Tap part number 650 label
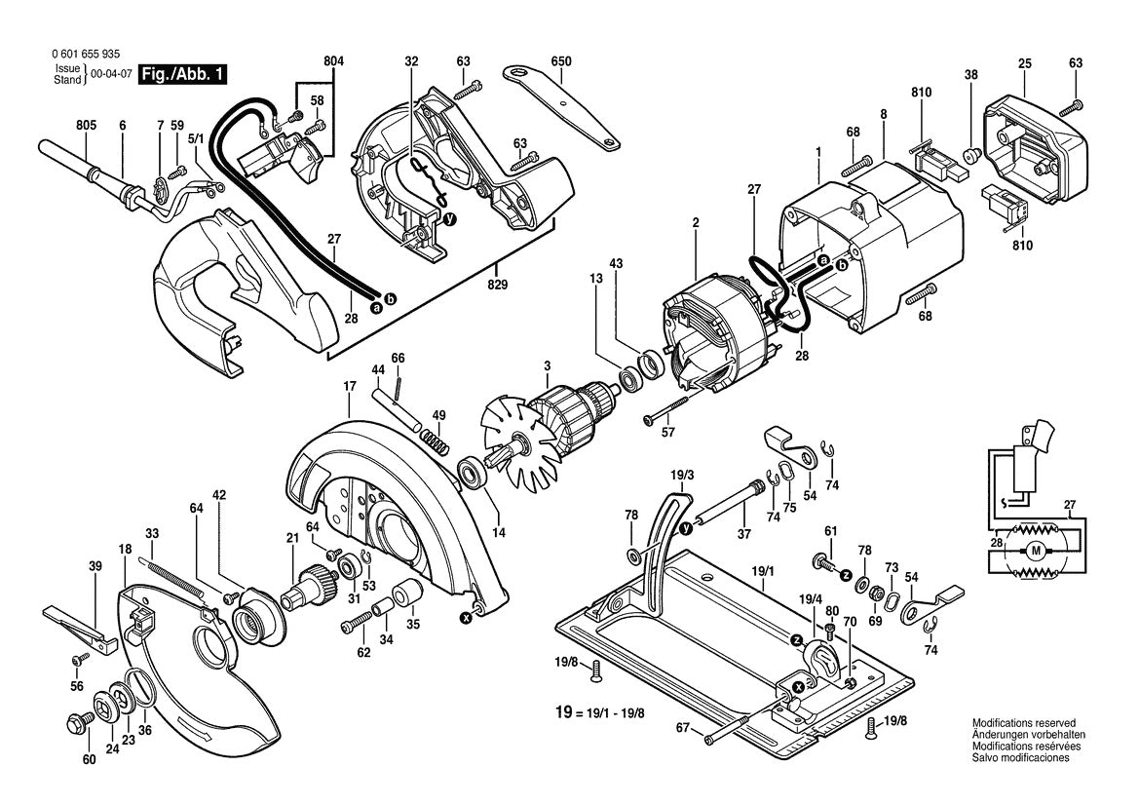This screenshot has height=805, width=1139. point(560,62)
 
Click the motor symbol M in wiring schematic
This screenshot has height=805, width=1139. point(1036,552)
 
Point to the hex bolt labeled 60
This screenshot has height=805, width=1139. point(74,725)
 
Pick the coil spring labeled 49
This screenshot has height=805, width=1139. point(440,446)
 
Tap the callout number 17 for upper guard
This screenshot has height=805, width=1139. point(349,386)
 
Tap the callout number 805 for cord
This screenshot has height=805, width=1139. point(86,125)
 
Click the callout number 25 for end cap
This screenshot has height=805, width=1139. point(1024,63)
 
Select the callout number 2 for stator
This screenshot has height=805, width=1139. point(696,223)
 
